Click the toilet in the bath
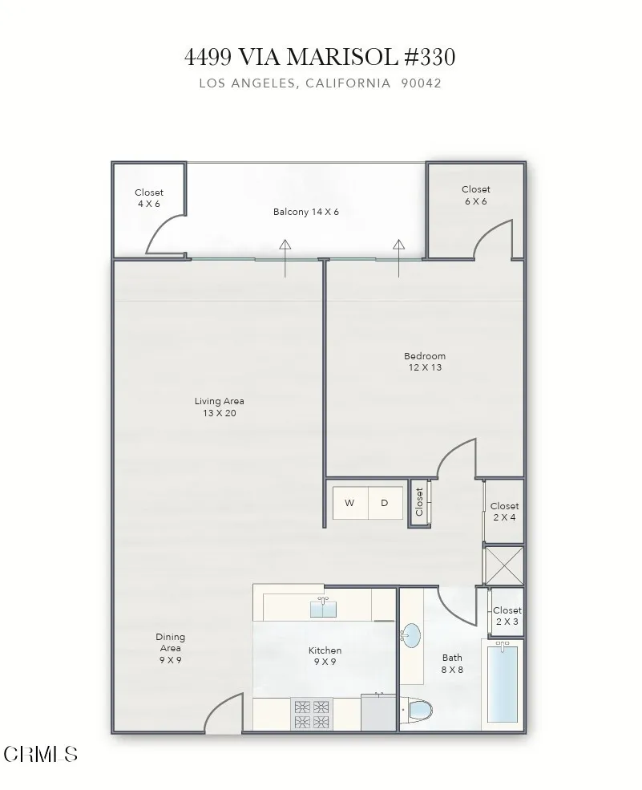(420, 711)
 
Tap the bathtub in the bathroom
(503, 683)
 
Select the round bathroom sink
(410, 636)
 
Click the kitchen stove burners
(313, 715)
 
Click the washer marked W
(349, 503)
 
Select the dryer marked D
(385, 503)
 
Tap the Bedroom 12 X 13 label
(424, 362)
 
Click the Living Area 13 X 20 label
(219, 407)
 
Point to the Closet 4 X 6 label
(148, 198)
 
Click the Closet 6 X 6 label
(475, 195)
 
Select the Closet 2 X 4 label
(504, 512)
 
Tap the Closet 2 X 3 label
(507, 616)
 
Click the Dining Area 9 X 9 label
(170, 648)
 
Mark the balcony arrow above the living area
(285, 257)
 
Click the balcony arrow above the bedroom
(398, 257)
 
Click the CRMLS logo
(41, 754)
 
